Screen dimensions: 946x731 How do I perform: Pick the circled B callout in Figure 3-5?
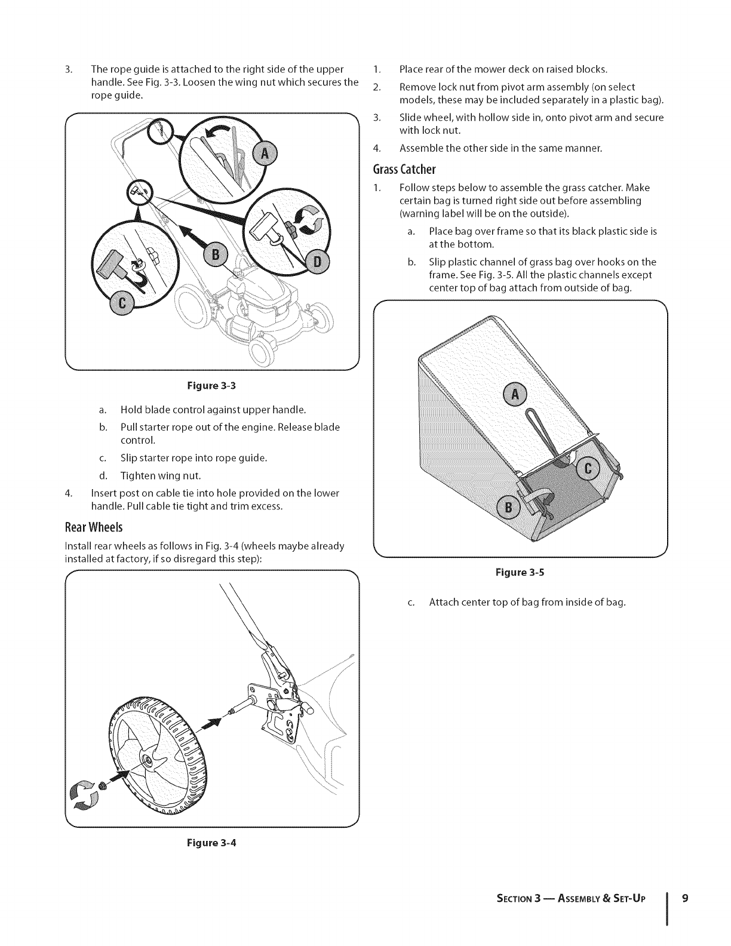coord(508,508)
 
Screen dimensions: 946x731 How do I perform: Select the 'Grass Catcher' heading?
coord(404,169)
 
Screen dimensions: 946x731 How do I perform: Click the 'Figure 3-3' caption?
coord(211,385)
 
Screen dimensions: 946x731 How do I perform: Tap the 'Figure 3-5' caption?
coord(520,573)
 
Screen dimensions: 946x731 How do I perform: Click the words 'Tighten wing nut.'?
coord(161,476)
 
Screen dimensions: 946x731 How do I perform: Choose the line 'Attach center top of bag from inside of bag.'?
coord(527,602)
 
